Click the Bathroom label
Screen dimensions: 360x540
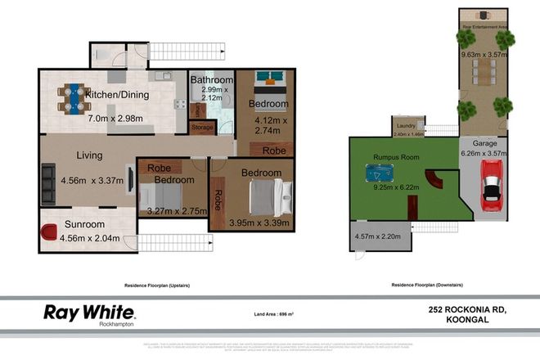coord(212,79)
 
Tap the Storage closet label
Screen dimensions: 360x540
coord(203,127)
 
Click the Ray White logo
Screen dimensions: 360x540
coord(89,313)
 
